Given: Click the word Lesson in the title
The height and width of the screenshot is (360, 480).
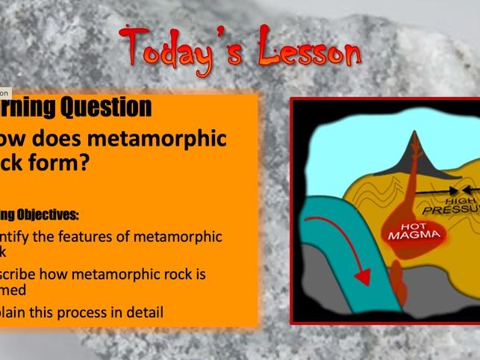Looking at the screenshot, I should (309, 52).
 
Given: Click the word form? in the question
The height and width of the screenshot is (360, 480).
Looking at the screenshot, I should (67, 162).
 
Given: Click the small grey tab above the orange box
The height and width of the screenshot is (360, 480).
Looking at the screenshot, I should (4, 93).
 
